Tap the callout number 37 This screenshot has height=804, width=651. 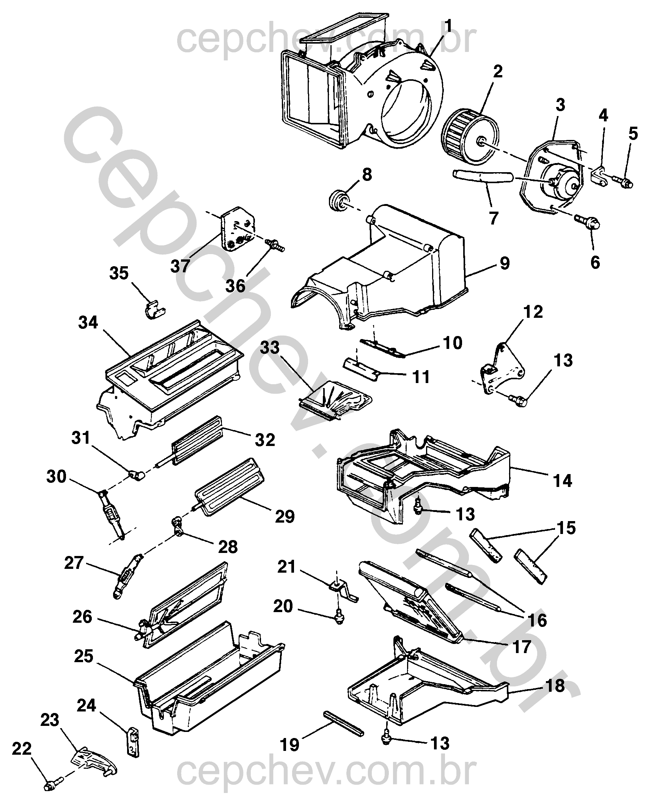click(180, 266)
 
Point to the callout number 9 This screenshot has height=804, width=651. click(504, 263)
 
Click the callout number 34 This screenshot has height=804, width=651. click(88, 322)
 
